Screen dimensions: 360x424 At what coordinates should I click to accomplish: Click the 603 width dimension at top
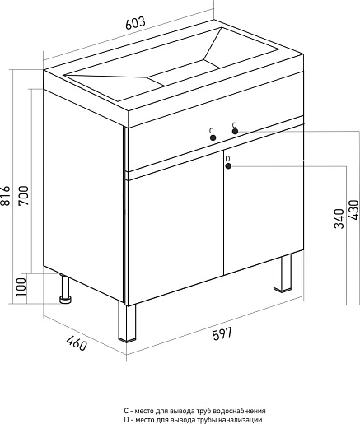(135, 23)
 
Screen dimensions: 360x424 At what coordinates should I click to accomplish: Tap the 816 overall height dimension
(6, 195)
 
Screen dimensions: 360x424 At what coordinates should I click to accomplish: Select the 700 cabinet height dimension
(24, 196)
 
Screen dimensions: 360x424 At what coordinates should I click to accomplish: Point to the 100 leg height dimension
(21, 287)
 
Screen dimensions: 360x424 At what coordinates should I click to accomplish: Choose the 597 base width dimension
(222, 333)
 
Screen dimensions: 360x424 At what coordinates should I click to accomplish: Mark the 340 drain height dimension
(339, 218)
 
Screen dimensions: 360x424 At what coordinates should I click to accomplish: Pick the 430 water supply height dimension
(353, 210)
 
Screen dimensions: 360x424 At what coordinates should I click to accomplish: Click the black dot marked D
(228, 166)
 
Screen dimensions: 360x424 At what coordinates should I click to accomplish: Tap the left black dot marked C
(213, 137)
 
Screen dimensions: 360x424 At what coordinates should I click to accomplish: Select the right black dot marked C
(235, 132)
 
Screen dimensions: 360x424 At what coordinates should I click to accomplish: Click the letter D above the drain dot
(227, 159)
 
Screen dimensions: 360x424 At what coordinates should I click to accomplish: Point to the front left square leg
(127, 321)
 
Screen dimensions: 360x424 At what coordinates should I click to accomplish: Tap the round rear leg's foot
(66, 300)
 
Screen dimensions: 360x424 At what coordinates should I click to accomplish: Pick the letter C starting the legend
(126, 411)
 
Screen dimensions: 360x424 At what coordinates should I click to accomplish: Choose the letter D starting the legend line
(126, 420)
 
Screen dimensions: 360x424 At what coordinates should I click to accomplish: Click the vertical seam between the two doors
(223, 212)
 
